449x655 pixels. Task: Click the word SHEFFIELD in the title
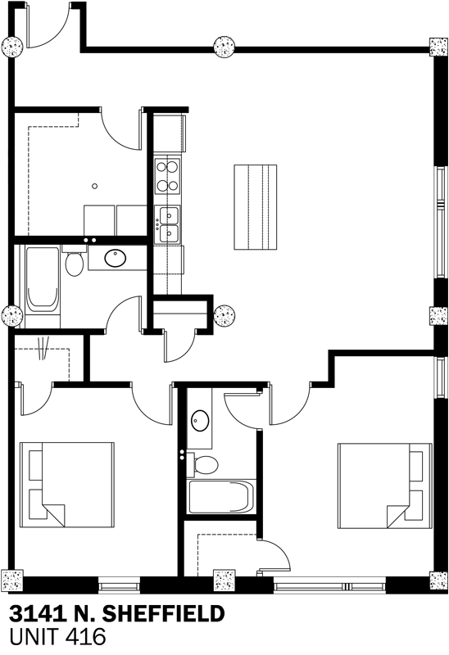163,614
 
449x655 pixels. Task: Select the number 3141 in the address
37,614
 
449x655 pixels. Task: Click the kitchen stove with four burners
167,176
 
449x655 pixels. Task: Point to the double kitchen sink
167,224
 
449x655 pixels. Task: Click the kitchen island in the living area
256,207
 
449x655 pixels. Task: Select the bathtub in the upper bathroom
43,280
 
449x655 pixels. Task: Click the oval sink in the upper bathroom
116,258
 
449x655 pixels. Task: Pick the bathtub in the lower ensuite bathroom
221,497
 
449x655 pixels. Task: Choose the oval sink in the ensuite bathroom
200,421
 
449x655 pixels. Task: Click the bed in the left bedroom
67,486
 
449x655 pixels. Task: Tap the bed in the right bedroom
384,486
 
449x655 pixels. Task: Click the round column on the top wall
224,47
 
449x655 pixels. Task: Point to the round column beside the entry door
12,47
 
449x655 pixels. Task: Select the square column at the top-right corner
438,47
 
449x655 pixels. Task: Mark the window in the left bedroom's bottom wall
119,585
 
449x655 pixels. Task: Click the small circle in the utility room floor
95,187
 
